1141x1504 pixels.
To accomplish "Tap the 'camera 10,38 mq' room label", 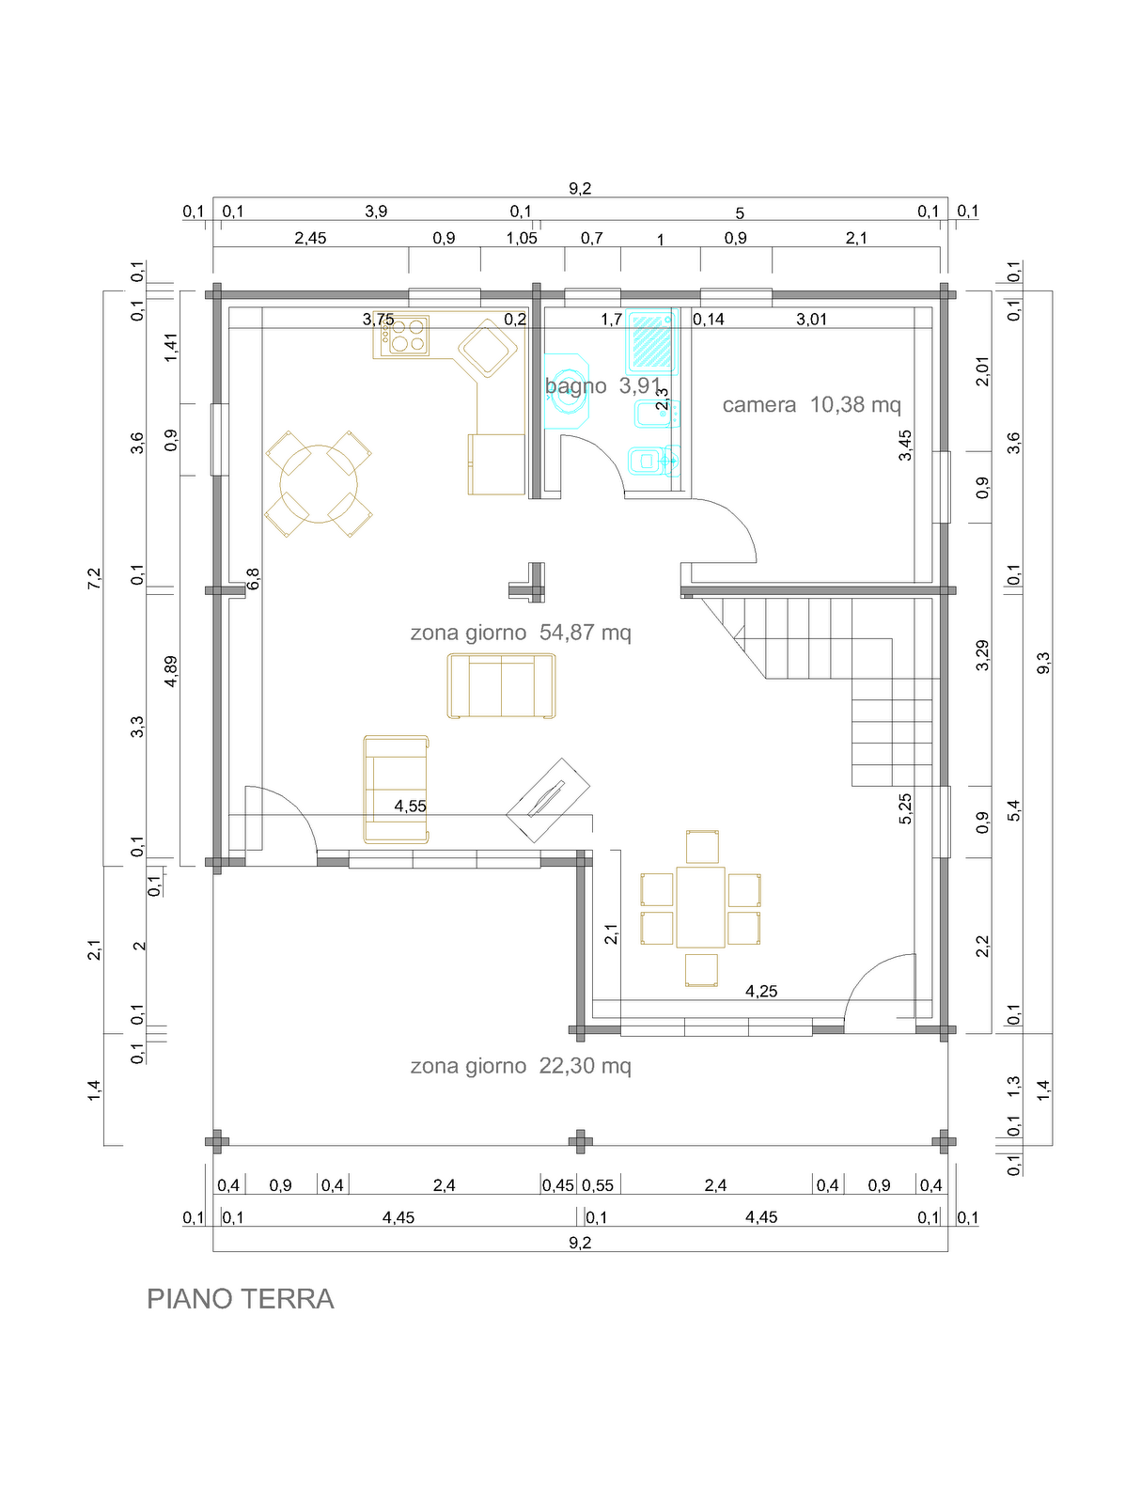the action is click(x=811, y=405).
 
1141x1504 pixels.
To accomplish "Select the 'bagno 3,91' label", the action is click(x=602, y=386).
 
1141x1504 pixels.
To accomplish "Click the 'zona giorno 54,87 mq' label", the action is click(x=521, y=632).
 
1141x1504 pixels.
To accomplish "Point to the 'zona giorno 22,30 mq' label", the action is click(x=521, y=1065).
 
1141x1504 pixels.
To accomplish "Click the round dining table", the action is click(x=319, y=484).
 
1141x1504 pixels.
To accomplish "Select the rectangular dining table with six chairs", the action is click(x=700, y=907).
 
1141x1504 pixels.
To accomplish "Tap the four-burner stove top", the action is click(x=408, y=335).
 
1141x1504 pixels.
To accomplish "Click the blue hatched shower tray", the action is click(x=651, y=340).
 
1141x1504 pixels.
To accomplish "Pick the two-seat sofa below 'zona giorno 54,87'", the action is click(x=501, y=686).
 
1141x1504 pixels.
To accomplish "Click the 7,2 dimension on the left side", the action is click(x=94, y=578).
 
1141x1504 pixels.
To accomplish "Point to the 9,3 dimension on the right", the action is click(x=1043, y=663).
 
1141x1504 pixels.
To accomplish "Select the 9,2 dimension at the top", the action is click(x=580, y=188).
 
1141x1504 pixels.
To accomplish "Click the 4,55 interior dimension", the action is click(x=410, y=807).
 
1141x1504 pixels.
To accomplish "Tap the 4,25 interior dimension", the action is click(x=761, y=992).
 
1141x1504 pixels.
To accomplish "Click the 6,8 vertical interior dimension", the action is click(x=254, y=578).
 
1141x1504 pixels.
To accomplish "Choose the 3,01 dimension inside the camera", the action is click(x=811, y=320).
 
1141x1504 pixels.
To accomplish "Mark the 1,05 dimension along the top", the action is click(x=522, y=239).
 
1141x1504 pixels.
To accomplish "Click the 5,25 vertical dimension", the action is click(x=905, y=808).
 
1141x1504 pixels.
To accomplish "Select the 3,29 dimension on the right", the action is click(x=982, y=655).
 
